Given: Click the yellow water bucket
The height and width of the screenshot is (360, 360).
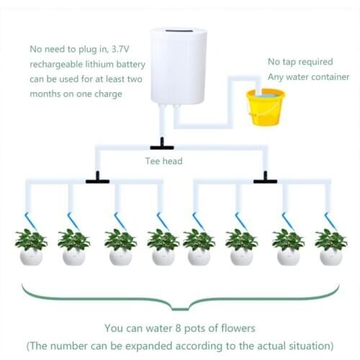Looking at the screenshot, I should [266, 107].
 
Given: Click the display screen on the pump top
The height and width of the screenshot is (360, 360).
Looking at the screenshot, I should [179, 34].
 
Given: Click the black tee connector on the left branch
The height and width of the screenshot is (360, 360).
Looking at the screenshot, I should [97, 179].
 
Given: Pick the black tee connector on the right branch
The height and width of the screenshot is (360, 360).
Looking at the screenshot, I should [265, 179].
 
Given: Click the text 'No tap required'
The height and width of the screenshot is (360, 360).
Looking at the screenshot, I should [300, 61].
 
